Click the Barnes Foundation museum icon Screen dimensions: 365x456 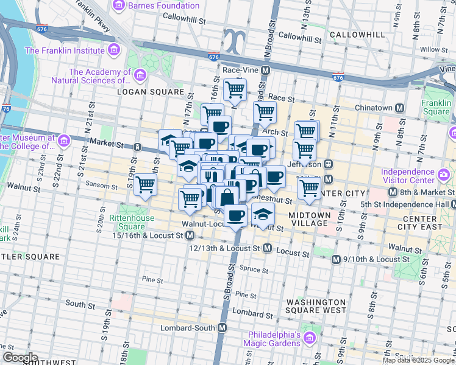point(118,6)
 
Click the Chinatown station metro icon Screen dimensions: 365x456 point(400,108)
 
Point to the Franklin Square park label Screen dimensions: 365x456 point(436,107)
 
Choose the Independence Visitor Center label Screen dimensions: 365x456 point(418,176)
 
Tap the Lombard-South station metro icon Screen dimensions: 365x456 point(223,327)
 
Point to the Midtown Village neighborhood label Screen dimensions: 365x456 point(309,219)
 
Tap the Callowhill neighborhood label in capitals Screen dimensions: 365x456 point(358,35)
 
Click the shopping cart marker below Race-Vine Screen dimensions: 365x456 point(235,91)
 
